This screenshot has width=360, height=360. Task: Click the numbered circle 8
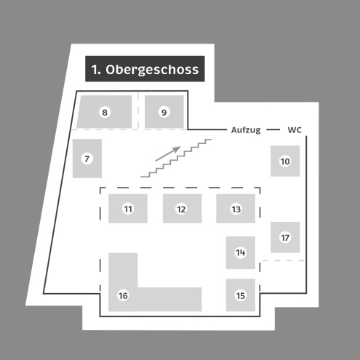click(105, 112)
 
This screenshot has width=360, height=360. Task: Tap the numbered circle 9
click(164, 112)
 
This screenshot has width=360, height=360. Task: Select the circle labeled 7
click(87, 159)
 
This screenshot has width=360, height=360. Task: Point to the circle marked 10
click(285, 161)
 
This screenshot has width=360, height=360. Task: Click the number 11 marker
click(128, 209)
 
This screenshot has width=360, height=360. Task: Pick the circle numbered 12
click(181, 209)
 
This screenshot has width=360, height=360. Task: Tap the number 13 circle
click(236, 209)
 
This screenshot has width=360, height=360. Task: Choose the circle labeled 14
click(241, 252)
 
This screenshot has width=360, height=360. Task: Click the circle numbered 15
click(241, 295)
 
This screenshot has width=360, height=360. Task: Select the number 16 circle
click(123, 295)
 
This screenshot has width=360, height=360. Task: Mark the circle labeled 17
click(285, 237)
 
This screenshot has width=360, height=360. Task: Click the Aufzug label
click(246, 130)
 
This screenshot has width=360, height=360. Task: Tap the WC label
click(295, 130)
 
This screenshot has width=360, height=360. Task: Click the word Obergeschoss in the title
click(152, 70)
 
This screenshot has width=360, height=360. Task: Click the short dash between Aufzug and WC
click(273, 129)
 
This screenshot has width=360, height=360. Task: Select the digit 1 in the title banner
click(95, 70)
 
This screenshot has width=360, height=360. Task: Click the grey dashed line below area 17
click(284, 260)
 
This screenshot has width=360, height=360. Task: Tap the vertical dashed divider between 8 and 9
click(138, 111)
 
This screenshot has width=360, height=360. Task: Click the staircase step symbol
click(176, 158)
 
